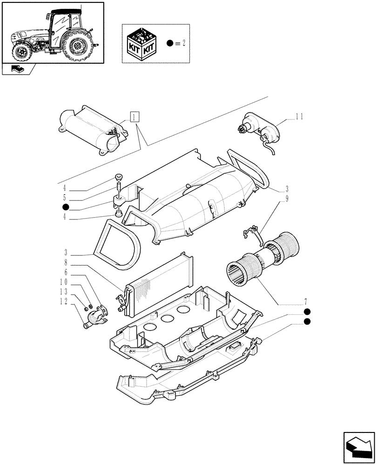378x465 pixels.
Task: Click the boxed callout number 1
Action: [134, 117]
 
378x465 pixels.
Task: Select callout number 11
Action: [298, 117]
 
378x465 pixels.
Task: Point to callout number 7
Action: [305, 301]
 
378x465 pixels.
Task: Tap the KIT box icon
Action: [142, 43]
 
